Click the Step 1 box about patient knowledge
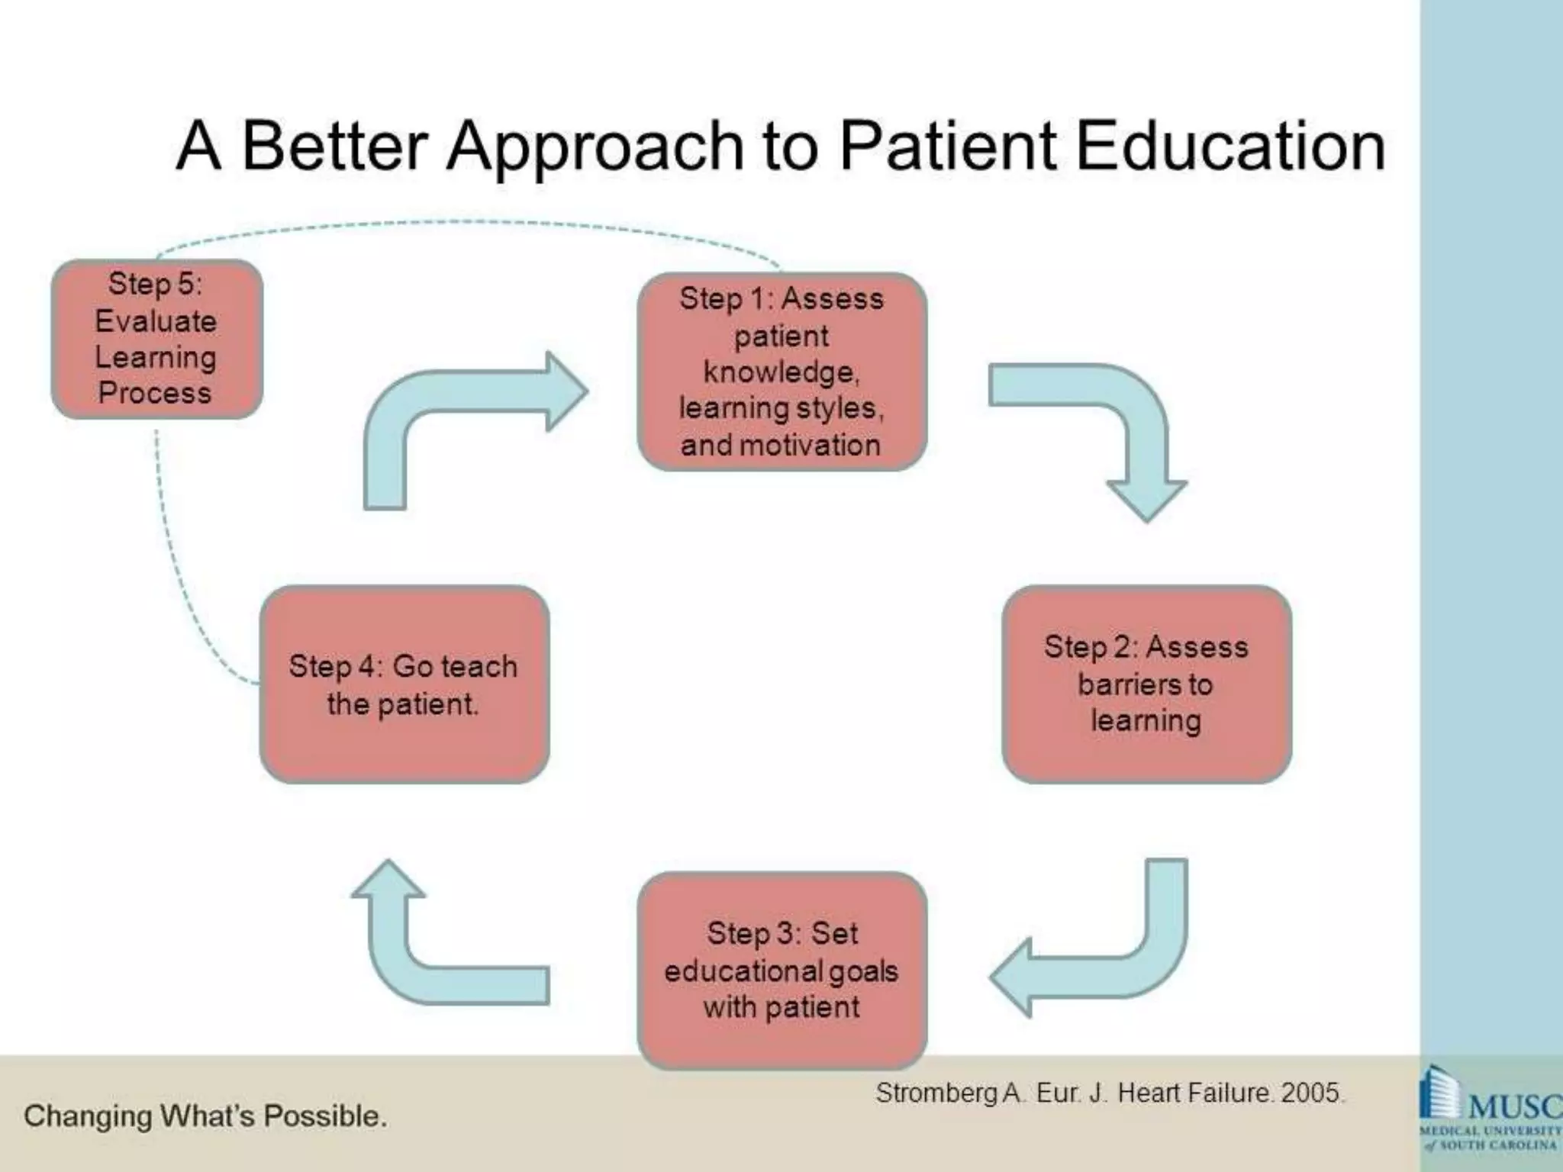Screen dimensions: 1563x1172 [781, 372]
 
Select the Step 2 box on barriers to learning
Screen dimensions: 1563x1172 [1146, 684]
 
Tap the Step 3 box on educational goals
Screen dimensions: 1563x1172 [781, 970]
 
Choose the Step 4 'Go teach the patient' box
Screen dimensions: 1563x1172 [404, 684]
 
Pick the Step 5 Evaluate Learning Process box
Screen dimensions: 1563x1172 [156, 339]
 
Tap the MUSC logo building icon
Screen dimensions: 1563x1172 [1439, 1094]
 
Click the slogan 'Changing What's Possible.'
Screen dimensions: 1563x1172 [205, 1116]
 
